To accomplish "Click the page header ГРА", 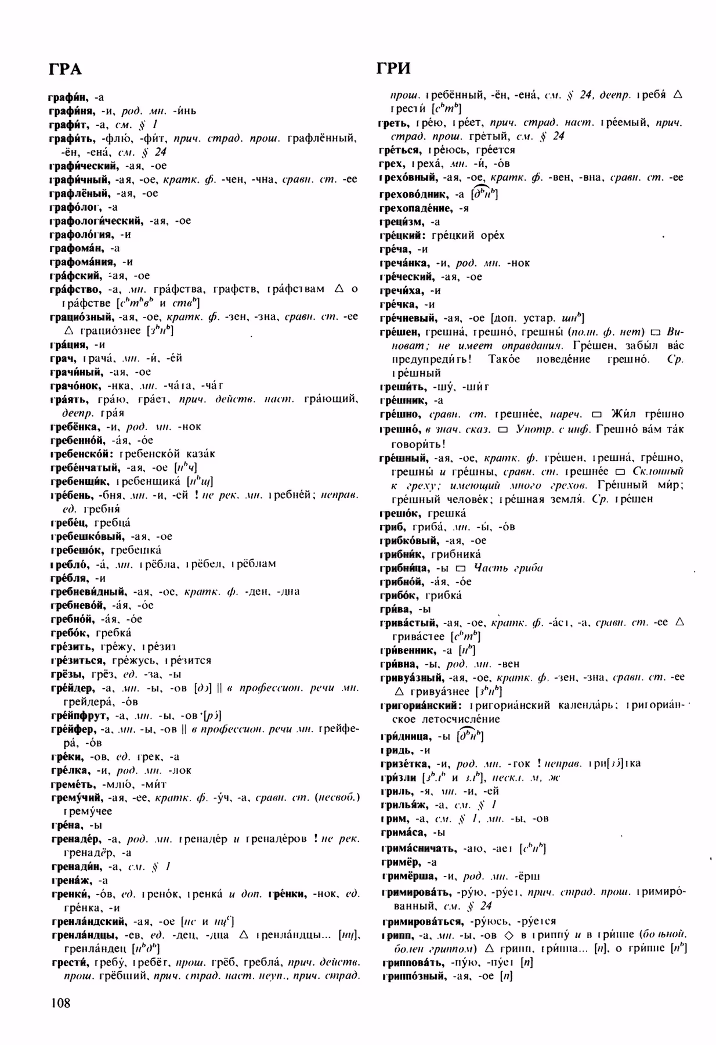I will (65, 69).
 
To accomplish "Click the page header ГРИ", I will (393, 69).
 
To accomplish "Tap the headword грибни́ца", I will (405, 568).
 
